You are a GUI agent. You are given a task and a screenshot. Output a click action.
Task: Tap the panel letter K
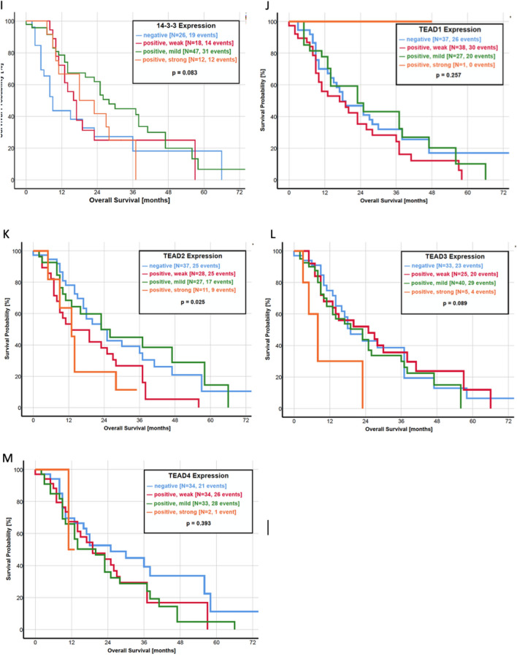coord(6,235)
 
